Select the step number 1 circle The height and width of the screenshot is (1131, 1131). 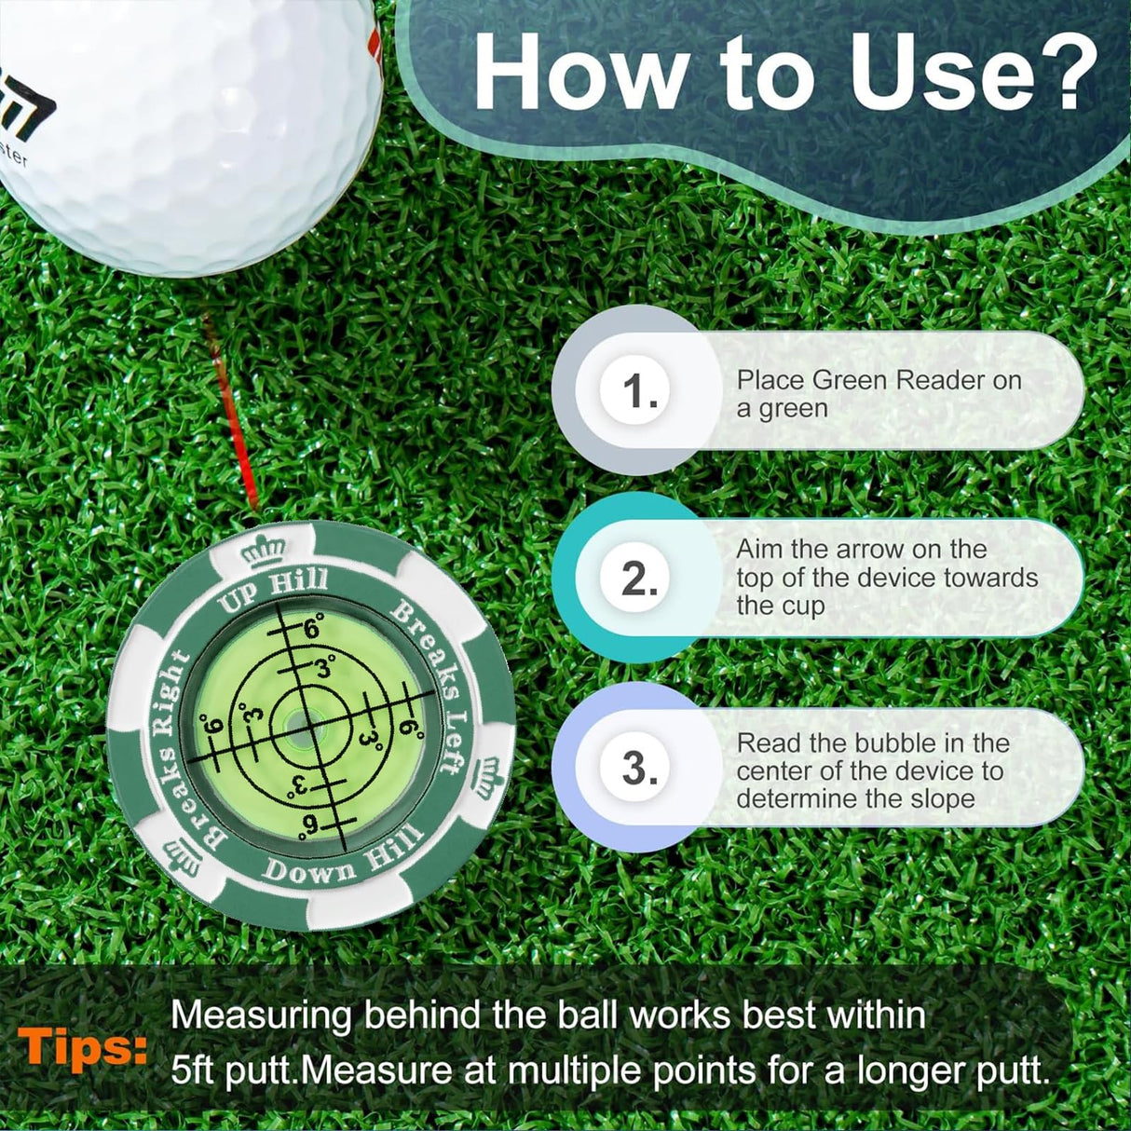coord(639,390)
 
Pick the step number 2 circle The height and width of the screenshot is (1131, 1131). coord(639,579)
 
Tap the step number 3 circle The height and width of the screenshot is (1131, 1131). coord(639,769)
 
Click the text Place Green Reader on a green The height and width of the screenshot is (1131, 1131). coord(879,394)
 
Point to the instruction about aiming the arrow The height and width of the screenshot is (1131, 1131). coord(886,578)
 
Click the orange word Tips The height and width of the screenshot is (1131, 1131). coord(82,1048)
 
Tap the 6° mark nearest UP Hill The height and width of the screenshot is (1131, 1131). coord(312,629)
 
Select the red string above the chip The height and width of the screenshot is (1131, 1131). coord(233,419)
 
